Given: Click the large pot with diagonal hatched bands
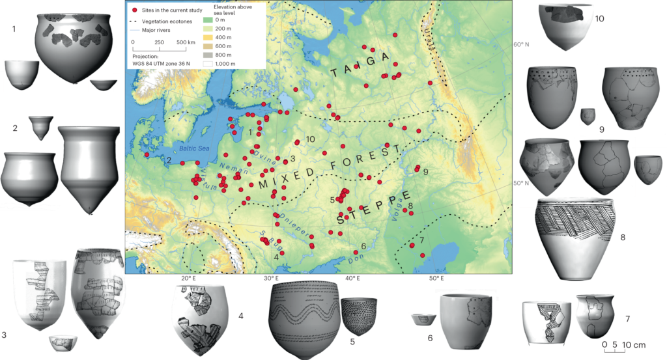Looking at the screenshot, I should click(574, 238).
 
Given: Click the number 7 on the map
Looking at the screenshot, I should click(422, 240).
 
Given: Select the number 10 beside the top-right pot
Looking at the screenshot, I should click(600, 19).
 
